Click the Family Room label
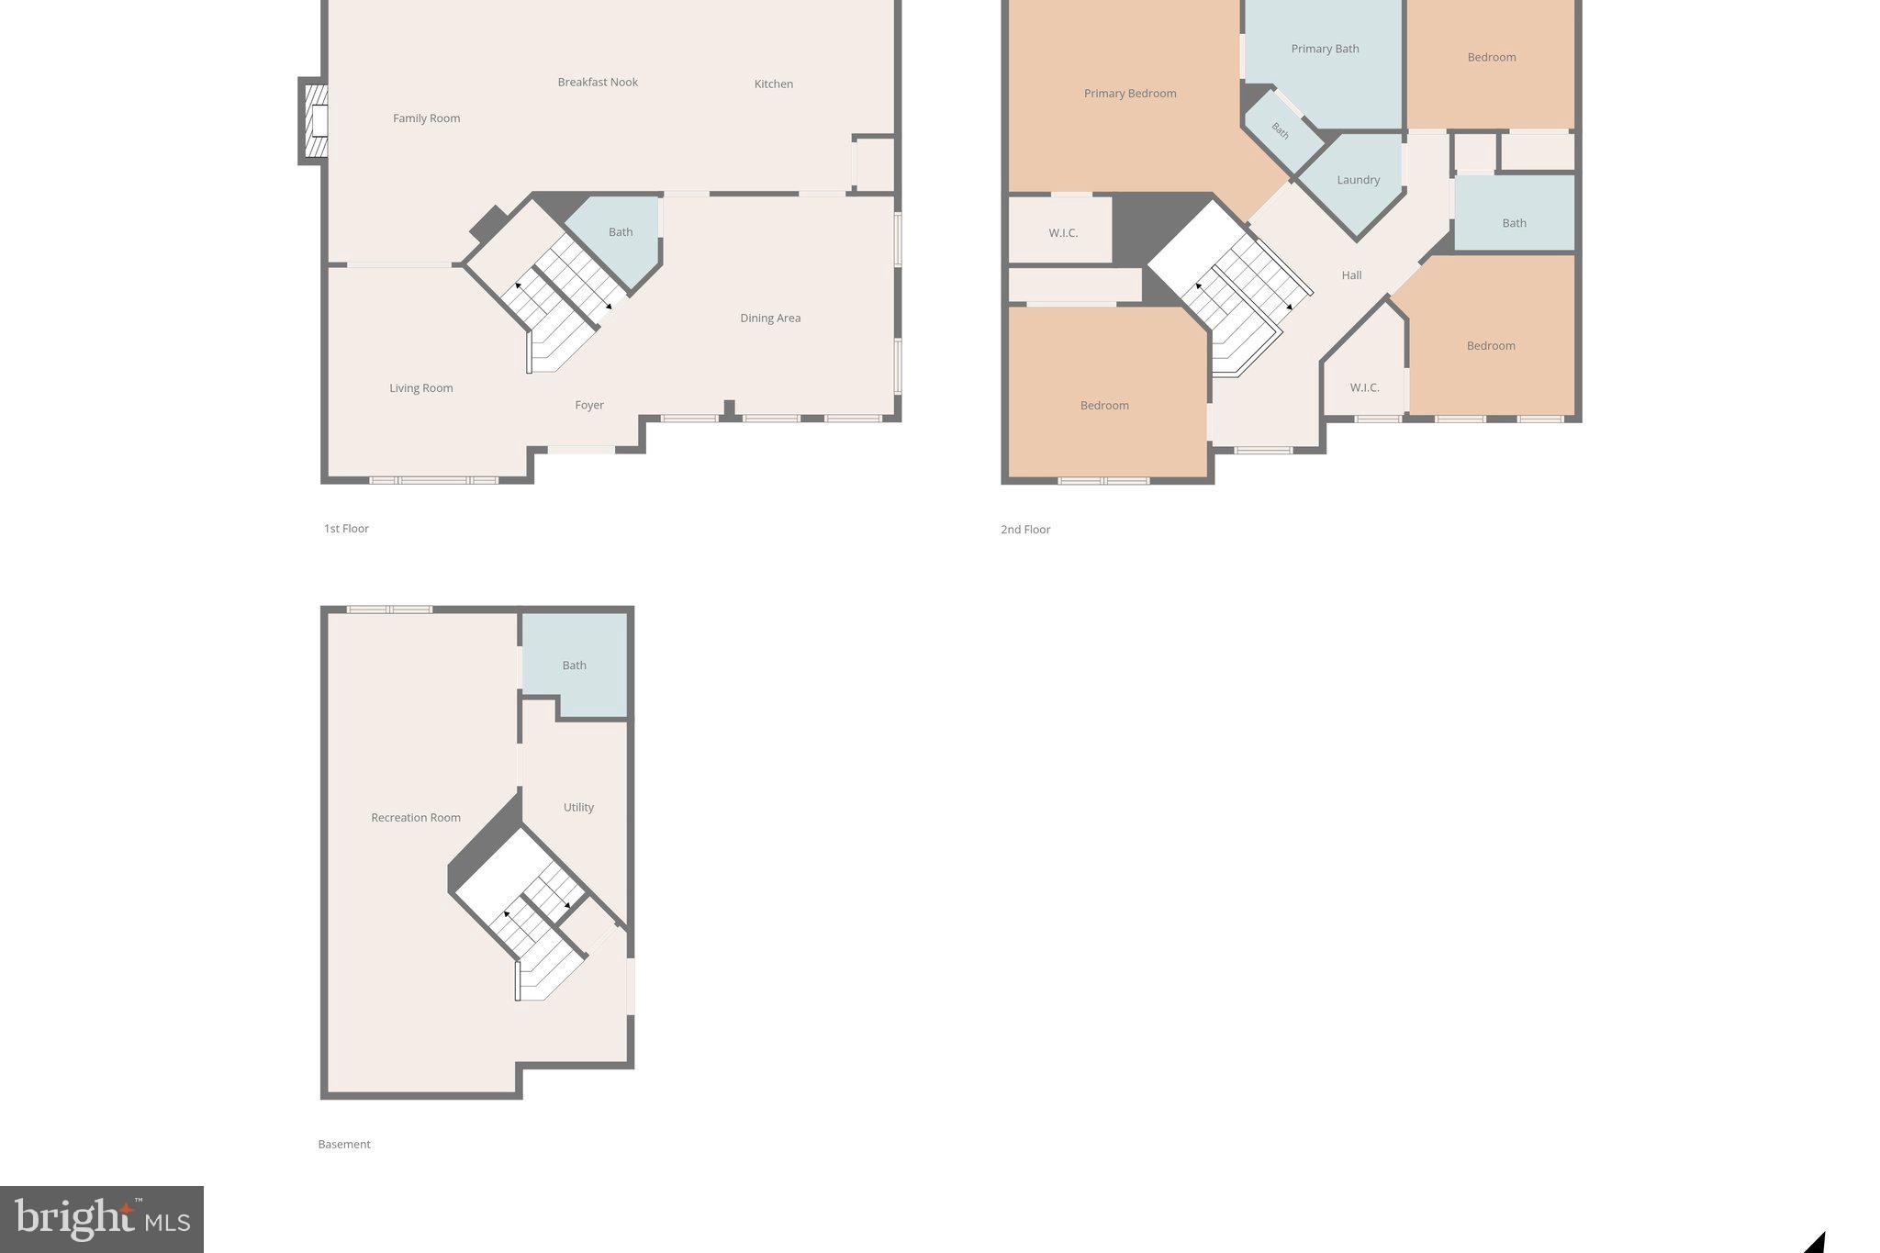pos(426,118)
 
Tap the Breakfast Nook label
pos(598,83)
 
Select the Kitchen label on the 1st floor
pos(773,84)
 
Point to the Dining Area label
pos(770,319)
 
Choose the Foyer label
pos(589,406)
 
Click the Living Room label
pos(420,388)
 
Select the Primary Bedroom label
pos(1129,94)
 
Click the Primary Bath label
pos(1325,50)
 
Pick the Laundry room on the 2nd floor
pos(1358,181)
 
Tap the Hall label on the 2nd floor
pos(1351,275)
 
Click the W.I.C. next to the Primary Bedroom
pos(1063,233)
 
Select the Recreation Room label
pos(416,818)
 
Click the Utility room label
pos(578,808)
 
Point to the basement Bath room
pos(575,666)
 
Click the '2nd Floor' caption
pos(1025,530)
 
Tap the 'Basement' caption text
pos(344,1145)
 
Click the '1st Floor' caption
pos(346,529)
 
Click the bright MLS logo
pos(102,1219)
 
